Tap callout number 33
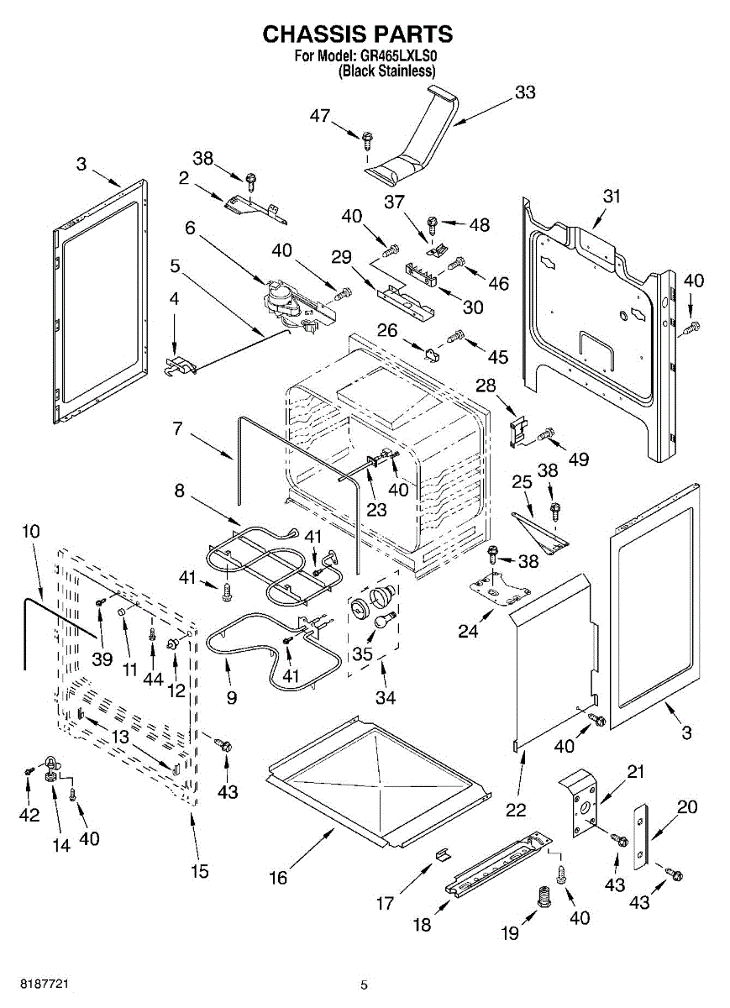[x=524, y=93]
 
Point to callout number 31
[x=612, y=196]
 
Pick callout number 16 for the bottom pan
[x=278, y=879]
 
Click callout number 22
[x=516, y=810]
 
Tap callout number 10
[x=30, y=532]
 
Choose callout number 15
[x=198, y=871]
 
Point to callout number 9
[x=231, y=697]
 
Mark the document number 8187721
[x=34, y=982]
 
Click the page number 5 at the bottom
[x=364, y=985]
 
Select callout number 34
[x=386, y=696]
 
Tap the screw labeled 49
[x=546, y=434]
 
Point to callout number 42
[x=29, y=814]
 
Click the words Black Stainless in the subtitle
[x=387, y=72]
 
